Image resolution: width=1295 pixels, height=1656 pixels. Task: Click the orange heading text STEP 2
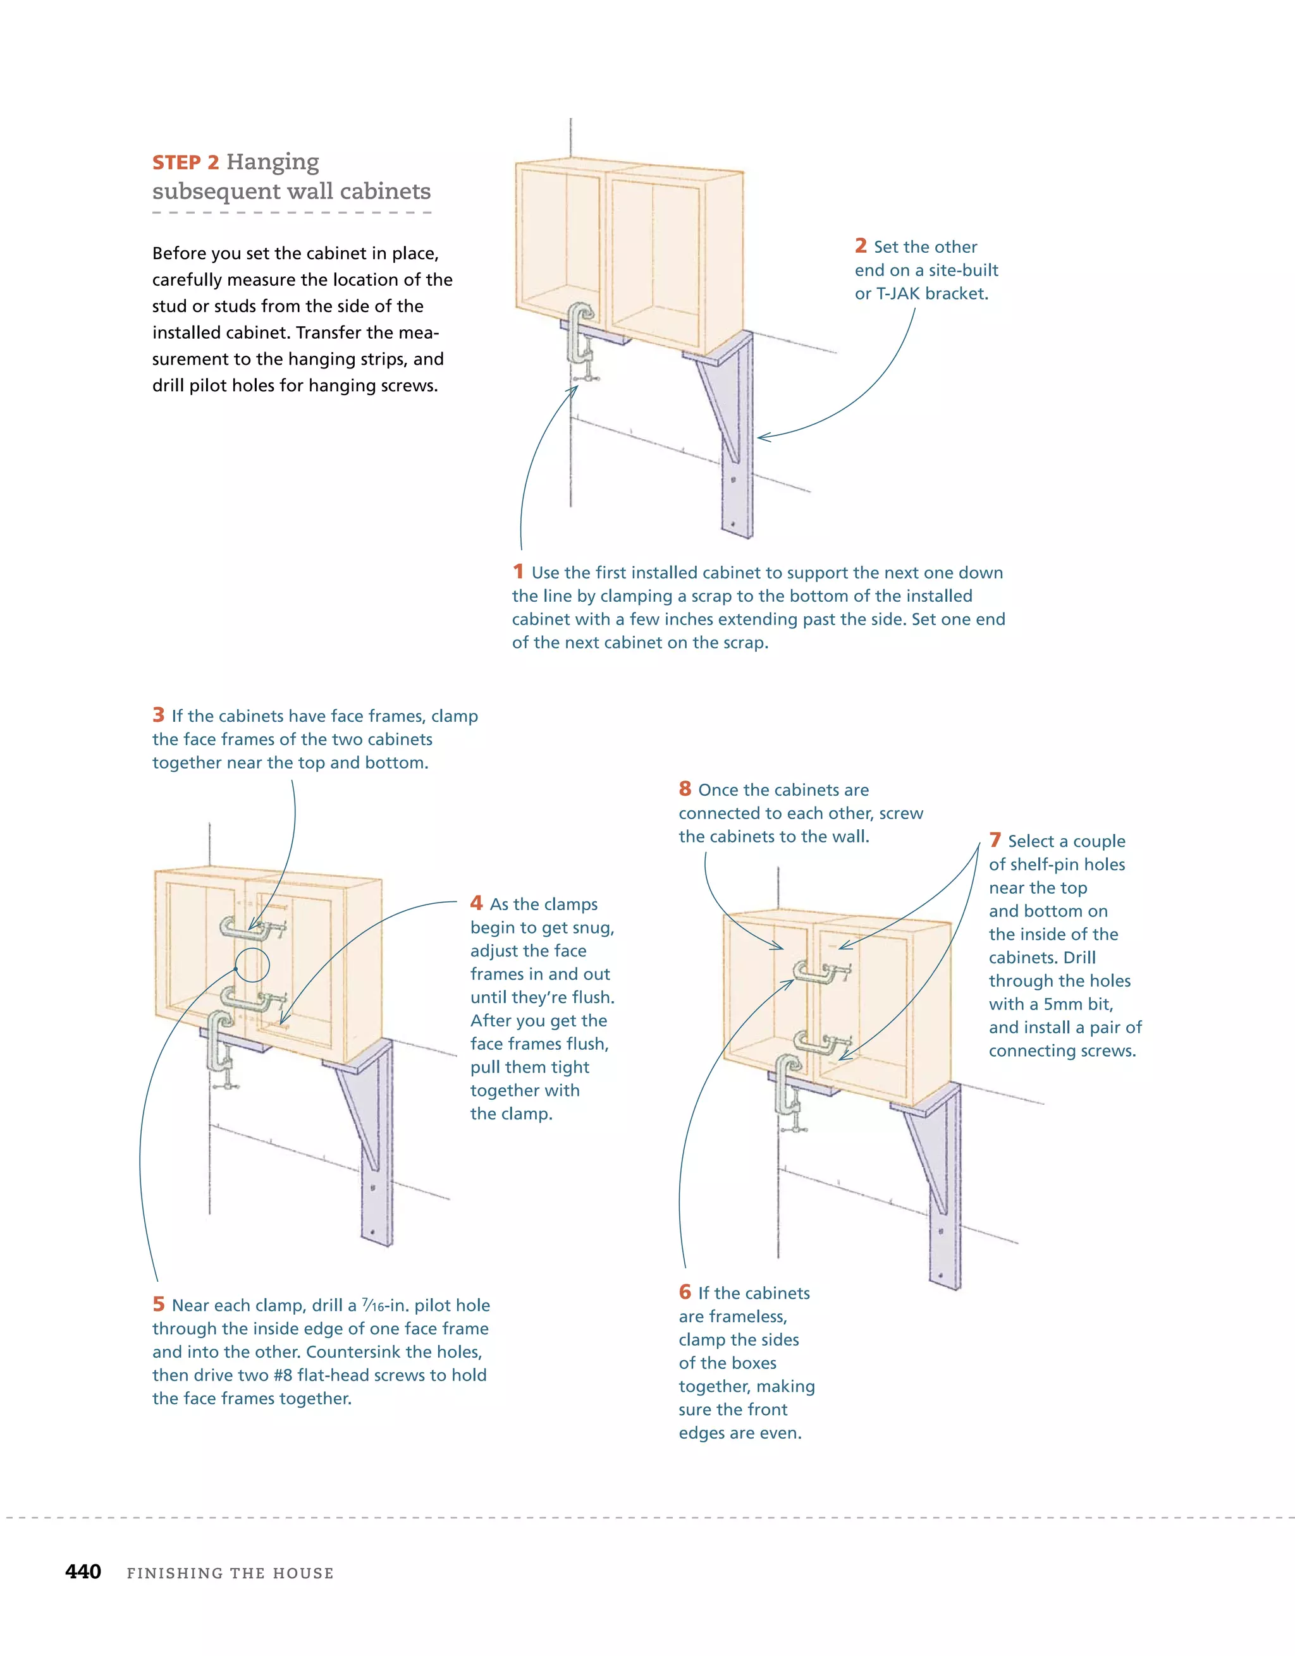coord(185,163)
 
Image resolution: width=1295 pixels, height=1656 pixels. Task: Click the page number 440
coord(83,1572)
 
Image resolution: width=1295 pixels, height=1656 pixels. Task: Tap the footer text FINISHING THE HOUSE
coord(230,1573)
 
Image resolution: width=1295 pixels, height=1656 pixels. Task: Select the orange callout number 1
coord(518,572)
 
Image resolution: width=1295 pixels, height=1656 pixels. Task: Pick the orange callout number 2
coord(861,247)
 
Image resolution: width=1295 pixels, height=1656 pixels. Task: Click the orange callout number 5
coord(158,1304)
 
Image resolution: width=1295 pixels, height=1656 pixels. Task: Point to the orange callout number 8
coord(684,789)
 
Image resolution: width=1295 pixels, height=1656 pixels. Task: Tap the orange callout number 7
coord(995,840)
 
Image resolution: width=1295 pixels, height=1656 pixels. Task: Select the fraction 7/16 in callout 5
coord(372,1305)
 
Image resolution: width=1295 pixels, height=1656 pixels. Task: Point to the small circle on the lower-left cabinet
coord(253,965)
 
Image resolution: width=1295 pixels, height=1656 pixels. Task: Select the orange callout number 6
coord(684,1292)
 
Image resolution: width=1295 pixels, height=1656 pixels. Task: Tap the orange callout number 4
coord(476,903)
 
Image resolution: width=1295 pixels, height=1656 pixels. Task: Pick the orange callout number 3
coord(158,715)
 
